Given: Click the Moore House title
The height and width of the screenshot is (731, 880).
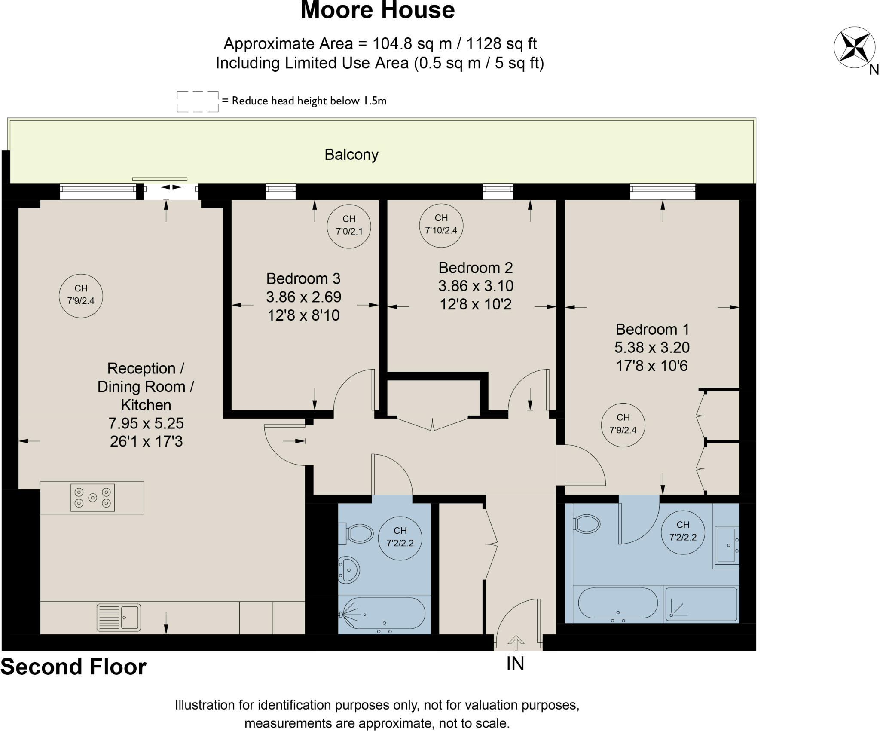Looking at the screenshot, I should tap(377, 11).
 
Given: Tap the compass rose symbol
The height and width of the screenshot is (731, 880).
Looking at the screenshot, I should tap(854, 47).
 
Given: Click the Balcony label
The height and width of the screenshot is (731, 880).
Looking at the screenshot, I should tap(351, 155).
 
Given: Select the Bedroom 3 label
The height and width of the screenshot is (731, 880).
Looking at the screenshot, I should tap(303, 278).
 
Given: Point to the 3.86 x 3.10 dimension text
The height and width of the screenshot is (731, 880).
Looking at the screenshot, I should tap(476, 286).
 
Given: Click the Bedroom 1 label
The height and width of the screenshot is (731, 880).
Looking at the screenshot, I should tap(652, 329).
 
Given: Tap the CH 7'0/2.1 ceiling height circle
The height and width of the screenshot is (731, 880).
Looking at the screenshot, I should tap(349, 226).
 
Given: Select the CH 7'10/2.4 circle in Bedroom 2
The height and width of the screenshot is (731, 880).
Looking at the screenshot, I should tap(441, 225).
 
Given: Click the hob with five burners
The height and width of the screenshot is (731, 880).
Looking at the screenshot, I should tap(92, 498).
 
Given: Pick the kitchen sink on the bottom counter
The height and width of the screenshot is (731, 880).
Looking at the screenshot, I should tap(119, 618).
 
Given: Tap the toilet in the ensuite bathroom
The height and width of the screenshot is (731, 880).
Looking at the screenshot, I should tap(587, 524).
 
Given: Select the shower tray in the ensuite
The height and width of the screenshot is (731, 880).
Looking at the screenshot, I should tap(701, 604).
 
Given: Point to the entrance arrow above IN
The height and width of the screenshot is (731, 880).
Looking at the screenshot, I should tap(516, 643).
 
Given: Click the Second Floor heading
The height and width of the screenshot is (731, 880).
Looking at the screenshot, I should tap(73, 667).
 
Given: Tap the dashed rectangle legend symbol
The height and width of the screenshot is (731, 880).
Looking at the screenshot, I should tap(197, 101).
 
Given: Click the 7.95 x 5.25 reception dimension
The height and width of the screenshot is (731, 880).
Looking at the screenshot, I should tap(146, 423).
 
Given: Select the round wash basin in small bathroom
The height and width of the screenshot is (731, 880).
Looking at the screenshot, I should tap(349, 570).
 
